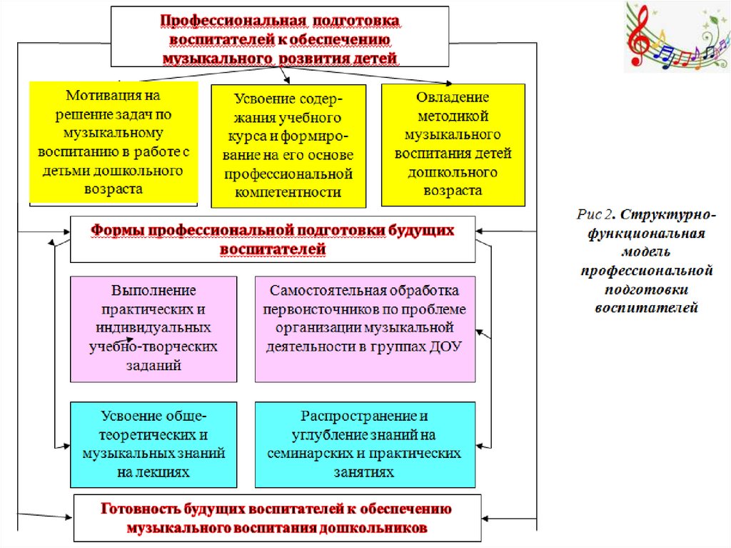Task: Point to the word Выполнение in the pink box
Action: pos(153,292)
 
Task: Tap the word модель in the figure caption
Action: pos(647,252)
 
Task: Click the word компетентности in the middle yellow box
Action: pos(288,191)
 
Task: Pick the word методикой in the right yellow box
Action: pos(453,116)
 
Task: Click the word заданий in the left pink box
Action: pos(154,364)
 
